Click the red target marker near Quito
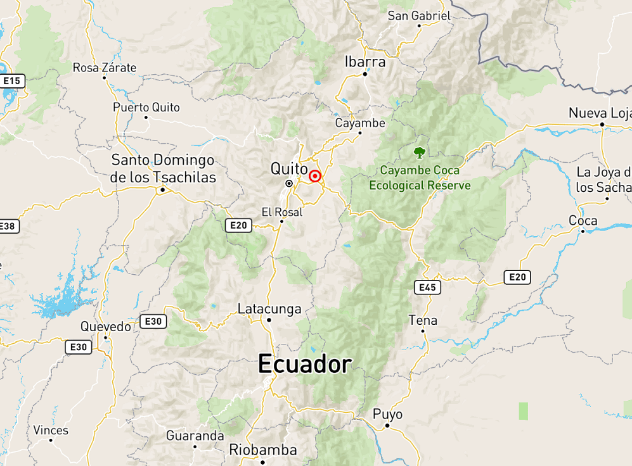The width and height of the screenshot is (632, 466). click(x=315, y=177)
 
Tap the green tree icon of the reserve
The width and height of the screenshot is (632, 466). click(x=419, y=152)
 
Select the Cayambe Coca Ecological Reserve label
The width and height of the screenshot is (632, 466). click(x=420, y=178)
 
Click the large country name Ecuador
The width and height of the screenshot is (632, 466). click(x=305, y=364)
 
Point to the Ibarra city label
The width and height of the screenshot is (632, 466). click(x=364, y=61)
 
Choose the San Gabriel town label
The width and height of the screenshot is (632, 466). click(x=419, y=16)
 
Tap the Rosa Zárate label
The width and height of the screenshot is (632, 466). click(x=105, y=67)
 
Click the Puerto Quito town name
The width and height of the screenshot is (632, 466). click(x=146, y=107)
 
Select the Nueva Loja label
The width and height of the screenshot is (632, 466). click(x=599, y=113)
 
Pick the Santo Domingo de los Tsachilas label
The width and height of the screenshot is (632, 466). click(x=163, y=168)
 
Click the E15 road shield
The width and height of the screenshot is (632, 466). click(x=13, y=81)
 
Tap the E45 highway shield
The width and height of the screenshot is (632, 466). click(x=428, y=287)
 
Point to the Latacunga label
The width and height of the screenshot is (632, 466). click(x=269, y=309)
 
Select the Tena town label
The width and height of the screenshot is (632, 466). click(x=423, y=320)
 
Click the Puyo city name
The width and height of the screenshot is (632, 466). click(x=387, y=414)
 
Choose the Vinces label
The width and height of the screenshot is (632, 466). click(x=51, y=431)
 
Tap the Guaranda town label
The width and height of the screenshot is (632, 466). click(x=195, y=436)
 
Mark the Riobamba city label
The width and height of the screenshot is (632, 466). click(x=263, y=450)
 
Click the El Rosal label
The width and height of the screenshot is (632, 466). click(x=282, y=212)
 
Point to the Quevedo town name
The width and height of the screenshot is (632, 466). click(x=106, y=327)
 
